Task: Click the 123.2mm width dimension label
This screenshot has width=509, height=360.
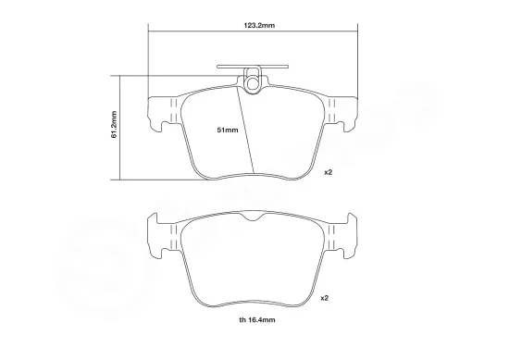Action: pos(259,25)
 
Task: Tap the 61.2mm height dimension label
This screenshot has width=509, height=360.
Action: pos(114,125)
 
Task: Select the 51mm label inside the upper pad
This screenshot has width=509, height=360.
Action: pos(228,130)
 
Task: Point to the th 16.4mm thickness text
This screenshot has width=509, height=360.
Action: pos(257,320)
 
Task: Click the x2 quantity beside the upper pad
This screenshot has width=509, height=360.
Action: pos(329,172)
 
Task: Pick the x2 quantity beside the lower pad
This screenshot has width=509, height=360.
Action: pos(324,298)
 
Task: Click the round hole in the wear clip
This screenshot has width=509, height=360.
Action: pos(253,83)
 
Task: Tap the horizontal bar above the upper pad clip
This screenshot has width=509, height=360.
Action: pos(253,67)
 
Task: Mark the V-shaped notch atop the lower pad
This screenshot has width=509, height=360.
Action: pos(253,217)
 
